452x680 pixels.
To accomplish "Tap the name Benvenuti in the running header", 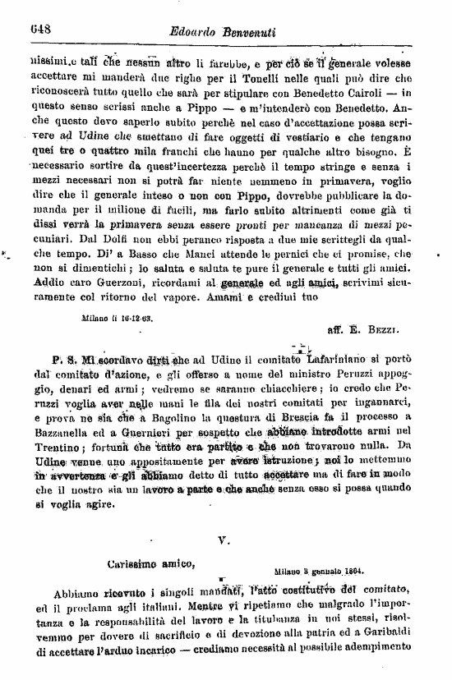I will tap(261, 31).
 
